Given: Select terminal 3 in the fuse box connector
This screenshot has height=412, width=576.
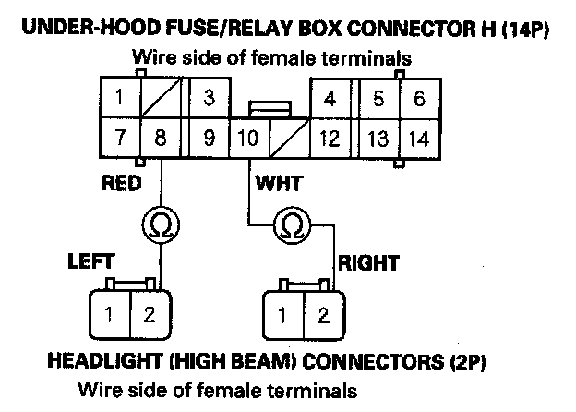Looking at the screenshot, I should [x=210, y=98].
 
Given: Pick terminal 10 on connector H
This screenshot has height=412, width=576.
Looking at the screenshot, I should [x=246, y=139].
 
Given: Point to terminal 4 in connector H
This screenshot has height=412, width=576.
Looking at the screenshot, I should [x=330, y=98].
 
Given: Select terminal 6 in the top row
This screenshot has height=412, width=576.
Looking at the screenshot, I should [x=418, y=98].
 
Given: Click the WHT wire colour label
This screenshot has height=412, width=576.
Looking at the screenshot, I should [x=278, y=183].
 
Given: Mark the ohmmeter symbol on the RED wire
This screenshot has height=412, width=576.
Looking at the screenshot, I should [x=161, y=224].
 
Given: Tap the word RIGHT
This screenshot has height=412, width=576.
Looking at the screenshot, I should [x=368, y=263].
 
